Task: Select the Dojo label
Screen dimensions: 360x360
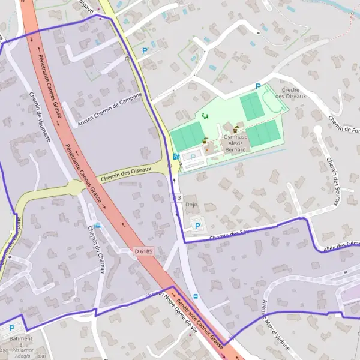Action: click(191, 205)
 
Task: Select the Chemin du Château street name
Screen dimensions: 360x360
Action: click(96, 250)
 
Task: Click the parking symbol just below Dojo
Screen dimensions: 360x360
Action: click(197, 226)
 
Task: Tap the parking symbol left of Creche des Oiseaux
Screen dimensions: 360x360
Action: click(258, 86)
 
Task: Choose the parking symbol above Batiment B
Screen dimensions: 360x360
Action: click(12, 329)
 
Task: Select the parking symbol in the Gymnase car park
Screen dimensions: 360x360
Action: click(193, 157)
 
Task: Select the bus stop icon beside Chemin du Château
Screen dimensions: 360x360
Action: click(97, 226)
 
